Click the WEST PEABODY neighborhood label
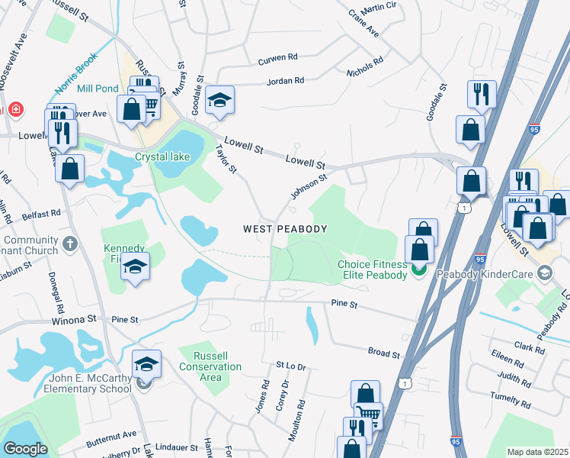click(x=285, y=229)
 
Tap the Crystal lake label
click(x=162, y=157)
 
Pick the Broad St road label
click(x=384, y=354)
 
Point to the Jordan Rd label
click(x=286, y=81)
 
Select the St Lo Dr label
click(x=290, y=367)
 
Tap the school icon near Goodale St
click(x=219, y=101)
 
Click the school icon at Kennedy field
click(x=135, y=267)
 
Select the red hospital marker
click(x=13, y=110)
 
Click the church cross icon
click(x=69, y=244)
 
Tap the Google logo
click(x=25, y=449)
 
